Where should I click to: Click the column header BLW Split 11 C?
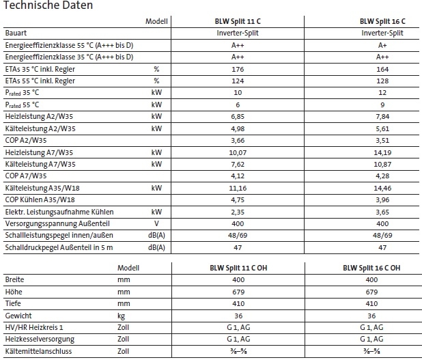click(237, 22)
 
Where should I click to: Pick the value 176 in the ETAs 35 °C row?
click(237, 69)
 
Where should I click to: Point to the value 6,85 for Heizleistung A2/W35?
click(237, 117)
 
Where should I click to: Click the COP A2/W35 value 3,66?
click(237, 141)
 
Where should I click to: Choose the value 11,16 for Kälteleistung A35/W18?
click(237, 188)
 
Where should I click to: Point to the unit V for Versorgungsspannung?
click(156, 223)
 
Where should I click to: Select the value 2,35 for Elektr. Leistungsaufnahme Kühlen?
click(237, 212)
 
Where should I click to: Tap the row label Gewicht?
click(18, 316)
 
